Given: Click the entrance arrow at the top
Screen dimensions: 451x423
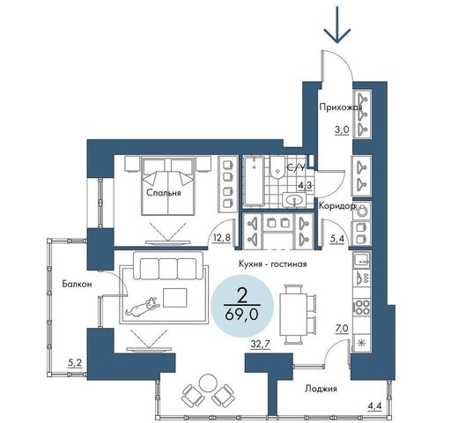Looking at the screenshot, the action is pos(337,25).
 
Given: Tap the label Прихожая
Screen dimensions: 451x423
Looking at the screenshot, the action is pos(341,108).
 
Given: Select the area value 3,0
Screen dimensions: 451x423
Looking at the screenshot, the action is pos(342,130).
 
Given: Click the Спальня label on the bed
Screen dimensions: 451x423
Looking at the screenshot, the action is pos(164,193).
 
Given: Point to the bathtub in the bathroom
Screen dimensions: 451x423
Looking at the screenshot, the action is pos(254,182).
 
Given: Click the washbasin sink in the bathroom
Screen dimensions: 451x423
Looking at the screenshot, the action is pos(294,200).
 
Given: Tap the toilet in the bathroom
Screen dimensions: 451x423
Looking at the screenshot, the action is pos(277,167).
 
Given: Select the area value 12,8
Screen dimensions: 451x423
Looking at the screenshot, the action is pos(221,238).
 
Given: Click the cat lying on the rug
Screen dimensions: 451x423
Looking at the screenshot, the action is pos(143,307).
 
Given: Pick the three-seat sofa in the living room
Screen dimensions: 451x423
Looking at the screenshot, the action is pos(168,265).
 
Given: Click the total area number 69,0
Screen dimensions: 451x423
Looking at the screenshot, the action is pos(241,315).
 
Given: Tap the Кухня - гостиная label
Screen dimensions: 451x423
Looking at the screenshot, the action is pos(272,264).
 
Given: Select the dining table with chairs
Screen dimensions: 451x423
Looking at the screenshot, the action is pos(297,314).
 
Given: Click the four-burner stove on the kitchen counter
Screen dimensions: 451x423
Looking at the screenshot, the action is pos(362,308).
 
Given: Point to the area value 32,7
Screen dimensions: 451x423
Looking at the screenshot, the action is pos(260,344).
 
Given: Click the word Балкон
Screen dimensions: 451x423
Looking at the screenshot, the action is pos(77,284).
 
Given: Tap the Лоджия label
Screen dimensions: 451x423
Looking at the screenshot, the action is pos(321,389).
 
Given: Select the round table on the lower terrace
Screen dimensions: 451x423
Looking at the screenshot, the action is pos(208,382).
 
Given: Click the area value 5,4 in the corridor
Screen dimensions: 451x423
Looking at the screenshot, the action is pos(336,239).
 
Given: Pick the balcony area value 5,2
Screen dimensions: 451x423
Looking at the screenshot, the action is pos(75,364).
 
